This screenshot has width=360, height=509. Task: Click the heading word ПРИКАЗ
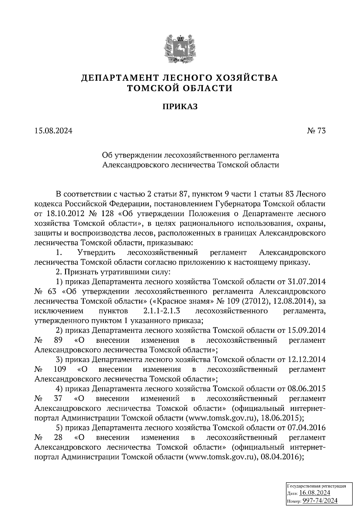pyautogui.click(x=180, y=107)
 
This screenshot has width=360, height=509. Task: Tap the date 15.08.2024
pyautogui.click(x=53, y=131)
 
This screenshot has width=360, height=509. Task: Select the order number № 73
pyautogui.click(x=316, y=131)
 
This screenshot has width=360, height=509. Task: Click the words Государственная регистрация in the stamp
pyautogui.click(x=317, y=486)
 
